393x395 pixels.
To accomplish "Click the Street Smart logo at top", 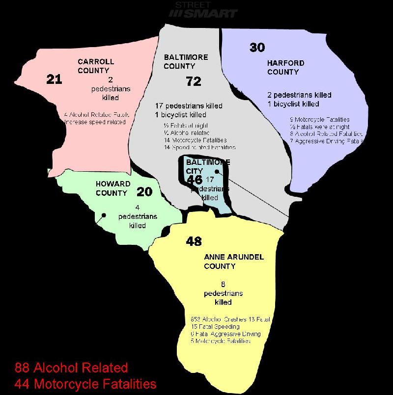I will [203, 10].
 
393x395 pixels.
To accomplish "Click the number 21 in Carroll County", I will [54, 79].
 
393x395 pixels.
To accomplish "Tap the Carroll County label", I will [95, 66].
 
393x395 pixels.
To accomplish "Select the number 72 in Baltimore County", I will [194, 81].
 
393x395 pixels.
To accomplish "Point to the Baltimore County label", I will [186, 62].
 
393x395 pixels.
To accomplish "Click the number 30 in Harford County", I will [257, 47].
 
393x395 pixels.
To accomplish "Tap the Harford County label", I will [285, 67].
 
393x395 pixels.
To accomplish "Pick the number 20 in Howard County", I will [144, 192].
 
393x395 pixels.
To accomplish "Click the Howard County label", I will [113, 188].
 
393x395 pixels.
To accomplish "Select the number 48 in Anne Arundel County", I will [194, 241].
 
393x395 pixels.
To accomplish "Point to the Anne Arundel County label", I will [234, 262].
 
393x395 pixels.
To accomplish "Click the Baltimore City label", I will [201, 167].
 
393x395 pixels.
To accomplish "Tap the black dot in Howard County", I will [104, 215].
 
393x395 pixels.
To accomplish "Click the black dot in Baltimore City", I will [217, 171].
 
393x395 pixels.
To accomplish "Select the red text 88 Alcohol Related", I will [71, 368].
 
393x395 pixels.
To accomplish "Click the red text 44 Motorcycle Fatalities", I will [85, 383].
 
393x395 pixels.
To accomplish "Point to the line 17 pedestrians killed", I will [188, 106].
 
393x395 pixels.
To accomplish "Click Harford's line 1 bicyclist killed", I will [293, 104].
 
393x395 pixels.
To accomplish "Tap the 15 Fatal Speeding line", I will [215, 326].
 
